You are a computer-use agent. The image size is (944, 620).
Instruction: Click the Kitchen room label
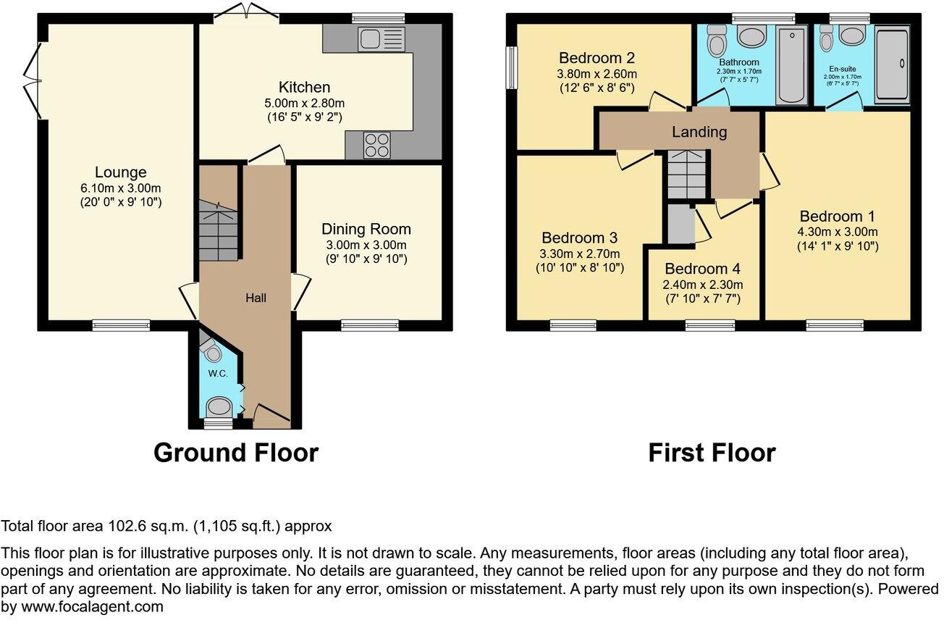305,88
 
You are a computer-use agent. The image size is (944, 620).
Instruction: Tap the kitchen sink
381,39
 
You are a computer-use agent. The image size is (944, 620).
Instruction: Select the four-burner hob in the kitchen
376,145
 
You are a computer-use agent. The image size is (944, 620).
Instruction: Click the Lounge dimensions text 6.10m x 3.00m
120,188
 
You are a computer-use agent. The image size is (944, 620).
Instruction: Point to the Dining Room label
370,229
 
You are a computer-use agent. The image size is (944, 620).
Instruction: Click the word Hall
256,298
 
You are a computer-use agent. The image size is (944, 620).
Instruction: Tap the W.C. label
219,374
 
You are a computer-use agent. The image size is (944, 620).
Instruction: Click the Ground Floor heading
236,453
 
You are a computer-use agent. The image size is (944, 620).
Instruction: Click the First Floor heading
711,453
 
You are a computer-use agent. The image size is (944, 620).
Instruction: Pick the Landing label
699,132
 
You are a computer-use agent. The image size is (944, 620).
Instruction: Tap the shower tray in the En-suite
891,64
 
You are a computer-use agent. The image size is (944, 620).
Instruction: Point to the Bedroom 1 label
838,216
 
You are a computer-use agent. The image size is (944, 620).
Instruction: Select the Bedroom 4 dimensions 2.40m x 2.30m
704,284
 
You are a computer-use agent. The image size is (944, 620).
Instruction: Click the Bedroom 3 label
579,238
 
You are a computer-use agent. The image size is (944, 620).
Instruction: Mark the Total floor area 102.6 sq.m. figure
167,526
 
